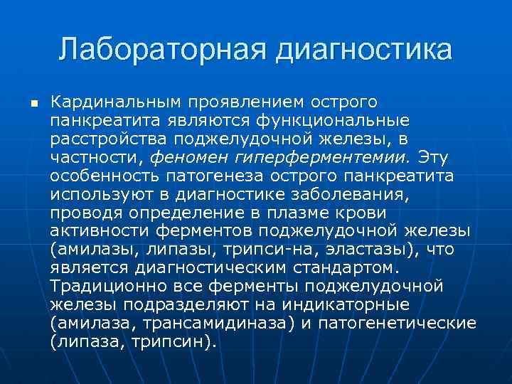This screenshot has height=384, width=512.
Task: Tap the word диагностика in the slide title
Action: click(x=364, y=51)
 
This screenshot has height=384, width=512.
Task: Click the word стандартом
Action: click(x=338, y=268)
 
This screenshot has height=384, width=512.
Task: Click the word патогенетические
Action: click(x=398, y=324)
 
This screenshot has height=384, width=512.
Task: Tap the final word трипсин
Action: click(x=176, y=342)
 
